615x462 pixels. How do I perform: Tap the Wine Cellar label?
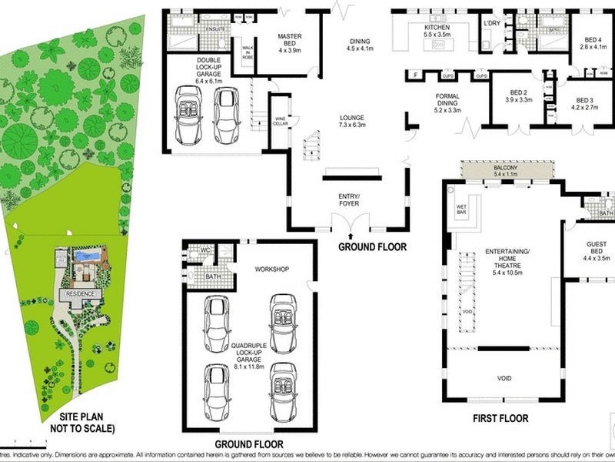point(281,120)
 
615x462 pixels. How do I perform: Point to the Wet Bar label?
point(461,208)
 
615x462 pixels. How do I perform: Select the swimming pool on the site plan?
point(86,255)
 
